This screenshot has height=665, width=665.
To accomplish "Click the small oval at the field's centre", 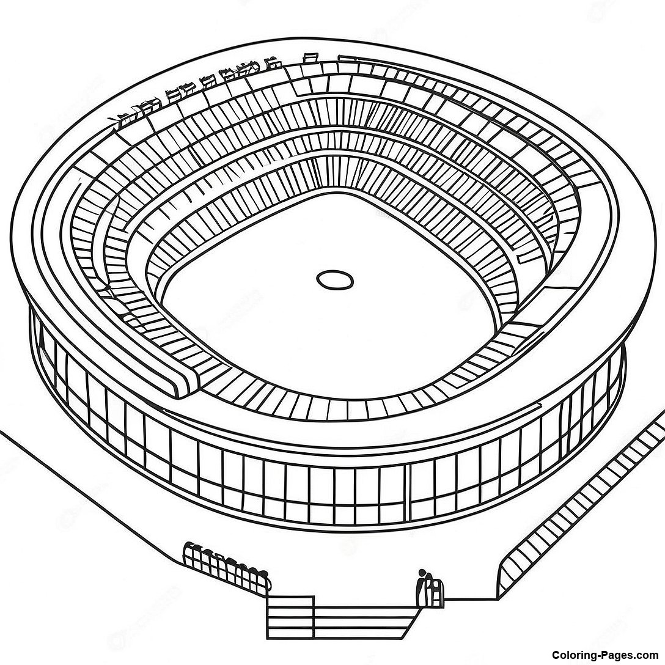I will [x=335, y=280].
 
